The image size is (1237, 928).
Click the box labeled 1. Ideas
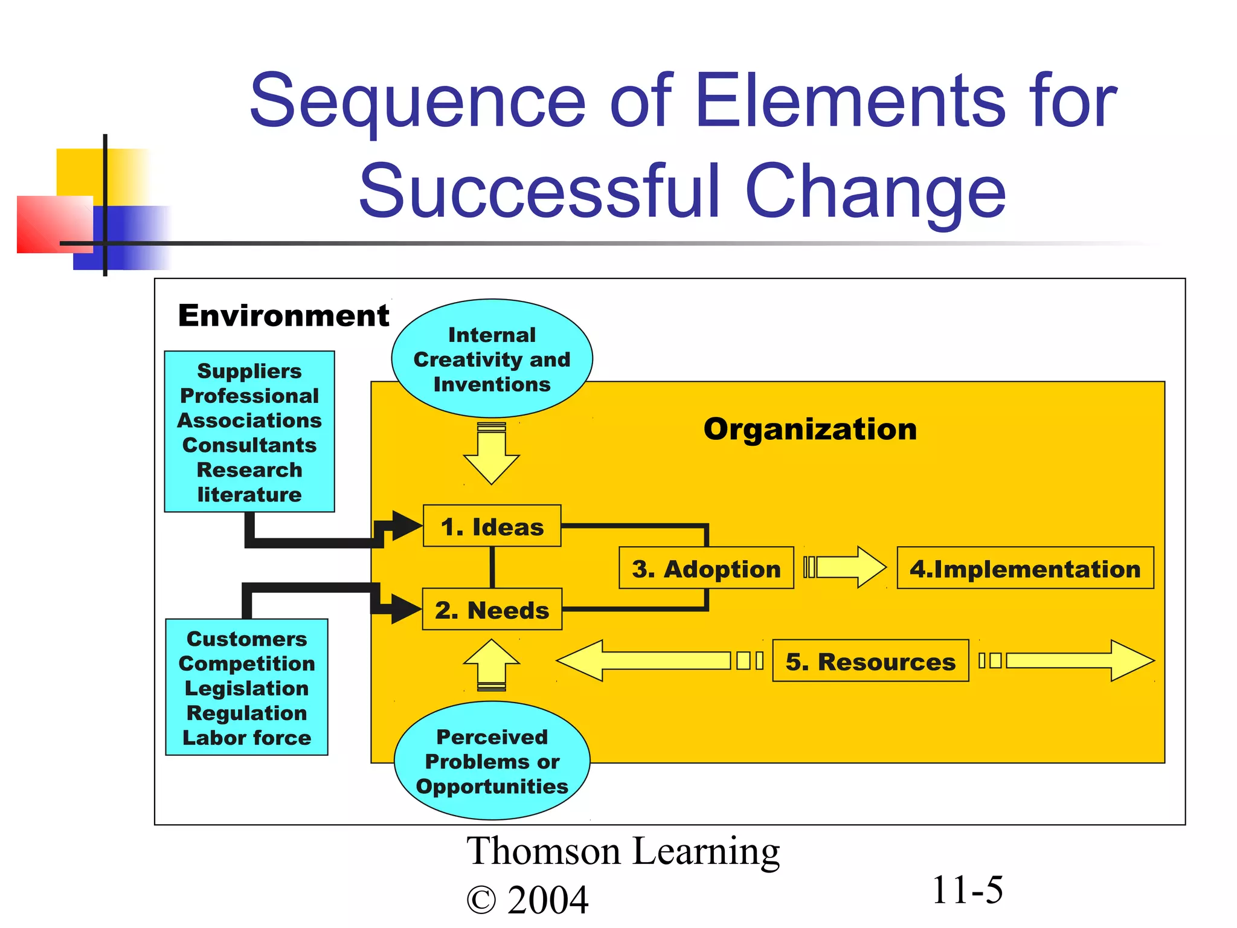tap(492, 526)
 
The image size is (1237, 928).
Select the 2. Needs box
tap(492, 610)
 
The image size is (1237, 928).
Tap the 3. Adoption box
tap(706, 569)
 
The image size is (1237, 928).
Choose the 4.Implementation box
tap(1025, 569)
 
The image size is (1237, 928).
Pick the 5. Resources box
tap(870, 662)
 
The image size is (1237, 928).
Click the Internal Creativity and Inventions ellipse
tap(492, 359)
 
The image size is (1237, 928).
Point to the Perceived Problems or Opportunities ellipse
tap(492, 761)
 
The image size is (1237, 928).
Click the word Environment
tap(283, 315)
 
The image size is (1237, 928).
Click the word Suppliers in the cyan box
tap(249, 371)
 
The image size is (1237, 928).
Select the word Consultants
tap(249, 445)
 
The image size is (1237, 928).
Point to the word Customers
tap(246, 639)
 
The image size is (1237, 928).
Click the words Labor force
tap(246, 738)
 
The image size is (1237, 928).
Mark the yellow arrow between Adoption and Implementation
tap(846, 567)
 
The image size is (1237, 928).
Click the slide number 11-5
tap(967, 890)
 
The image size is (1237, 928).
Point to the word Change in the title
tap(875, 192)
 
